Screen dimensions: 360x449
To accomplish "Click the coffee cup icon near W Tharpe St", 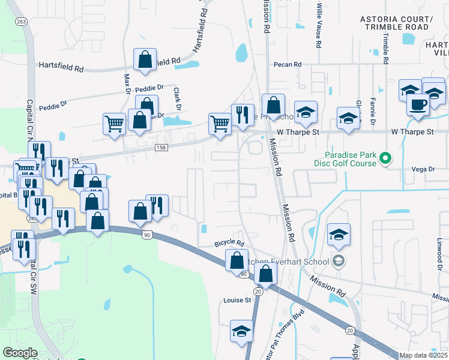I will pos(418,103).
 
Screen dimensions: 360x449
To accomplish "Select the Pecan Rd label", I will pos(287,65).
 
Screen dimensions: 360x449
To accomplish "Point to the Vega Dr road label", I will pos(424,170).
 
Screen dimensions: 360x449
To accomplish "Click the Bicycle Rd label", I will pos(229,244).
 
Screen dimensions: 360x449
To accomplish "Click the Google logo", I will pos(20,353).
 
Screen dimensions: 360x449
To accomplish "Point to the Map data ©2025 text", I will pos(423,355).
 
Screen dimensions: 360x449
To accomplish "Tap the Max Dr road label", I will pos(127,84).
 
